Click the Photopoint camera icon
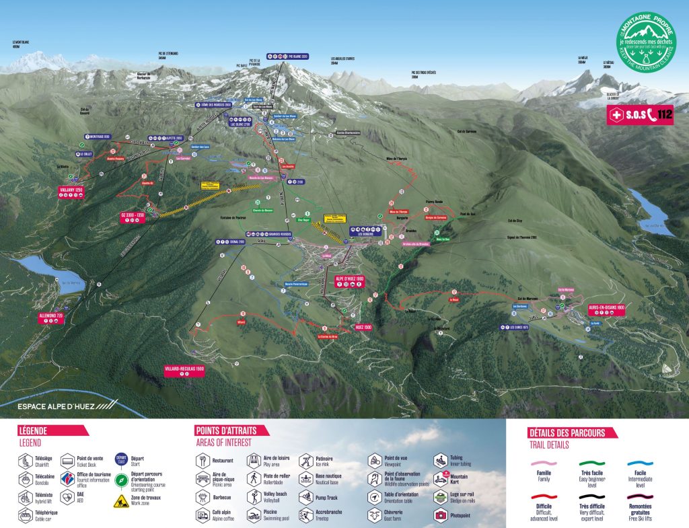[441, 515]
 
